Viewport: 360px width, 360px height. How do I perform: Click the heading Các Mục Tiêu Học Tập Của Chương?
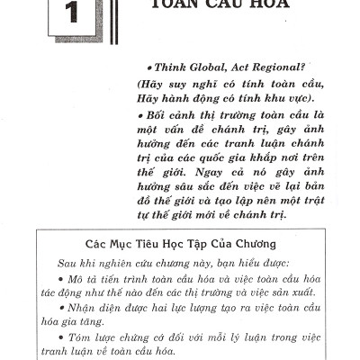click(180, 243)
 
